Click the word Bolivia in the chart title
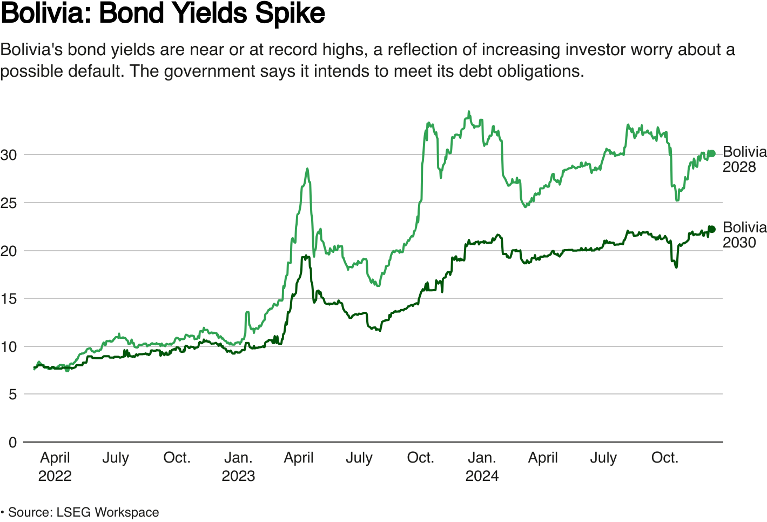(x=44, y=14)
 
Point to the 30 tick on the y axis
(x=9, y=155)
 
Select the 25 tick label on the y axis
(x=9, y=203)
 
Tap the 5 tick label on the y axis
(x=12, y=394)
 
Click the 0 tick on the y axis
(x=12, y=443)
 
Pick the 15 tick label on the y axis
(x=9, y=299)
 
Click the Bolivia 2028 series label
(x=744, y=159)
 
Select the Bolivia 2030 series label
(x=744, y=235)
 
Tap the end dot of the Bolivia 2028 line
(x=712, y=153)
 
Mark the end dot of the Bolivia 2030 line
(x=712, y=229)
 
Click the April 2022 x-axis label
(x=55, y=466)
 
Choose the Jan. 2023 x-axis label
(x=238, y=466)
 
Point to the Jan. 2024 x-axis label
(x=482, y=466)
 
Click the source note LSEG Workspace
(x=107, y=512)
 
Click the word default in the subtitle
(x=96, y=71)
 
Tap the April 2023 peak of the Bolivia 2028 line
(x=307, y=169)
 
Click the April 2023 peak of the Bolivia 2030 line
(x=306, y=256)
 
